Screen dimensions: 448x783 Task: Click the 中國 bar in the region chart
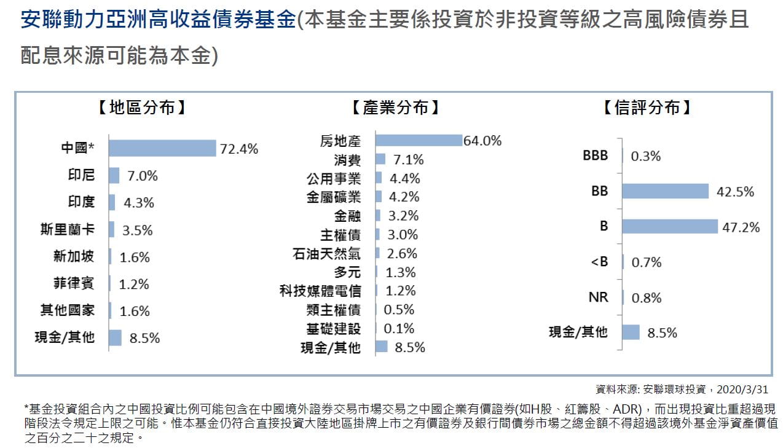coord(162,148)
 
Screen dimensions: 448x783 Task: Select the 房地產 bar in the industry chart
coord(418,141)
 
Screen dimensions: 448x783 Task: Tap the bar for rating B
coord(670,226)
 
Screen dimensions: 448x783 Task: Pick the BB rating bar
coord(665,191)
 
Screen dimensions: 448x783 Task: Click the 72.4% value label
coord(239,149)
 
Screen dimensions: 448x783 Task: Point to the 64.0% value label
coord(482,141)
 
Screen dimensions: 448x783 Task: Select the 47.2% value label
coord(741,227)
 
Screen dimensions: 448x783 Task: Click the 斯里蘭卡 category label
coord(68,230)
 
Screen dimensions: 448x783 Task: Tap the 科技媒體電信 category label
coord(320,291)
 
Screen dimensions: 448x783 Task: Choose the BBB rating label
coord(595,155)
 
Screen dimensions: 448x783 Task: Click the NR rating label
coord(598,297)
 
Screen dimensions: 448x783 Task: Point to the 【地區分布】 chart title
coord(141,108)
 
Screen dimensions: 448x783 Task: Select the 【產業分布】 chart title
coord(395,108)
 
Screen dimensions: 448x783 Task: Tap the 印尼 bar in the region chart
coord(114,176)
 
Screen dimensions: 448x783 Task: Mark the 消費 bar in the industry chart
coord(380,160)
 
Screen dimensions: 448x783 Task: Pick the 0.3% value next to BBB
coord(646,156)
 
